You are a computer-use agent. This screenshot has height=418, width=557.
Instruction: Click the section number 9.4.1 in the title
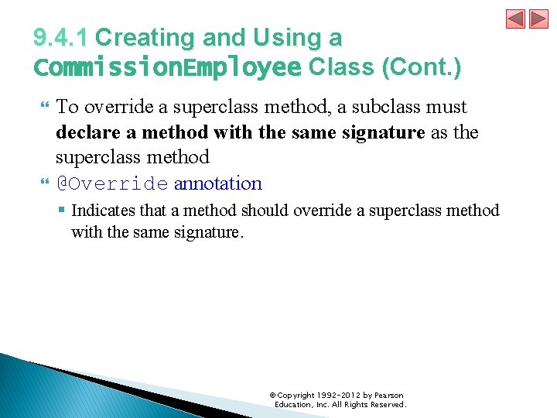click(61, 38)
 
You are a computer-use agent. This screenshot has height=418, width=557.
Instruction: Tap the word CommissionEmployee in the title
click(167, 68)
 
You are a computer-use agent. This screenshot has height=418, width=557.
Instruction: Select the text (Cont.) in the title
click(422, 68)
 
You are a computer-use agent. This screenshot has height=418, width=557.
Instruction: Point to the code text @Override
click(111, 184)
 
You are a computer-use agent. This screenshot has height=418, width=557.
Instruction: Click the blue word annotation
click(218, 184)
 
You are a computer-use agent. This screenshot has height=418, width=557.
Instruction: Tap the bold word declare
click(86, 132)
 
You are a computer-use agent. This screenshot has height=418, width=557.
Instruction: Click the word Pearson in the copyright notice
click(388, 396)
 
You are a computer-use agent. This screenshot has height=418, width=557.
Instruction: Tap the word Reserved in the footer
click(388, 405)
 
